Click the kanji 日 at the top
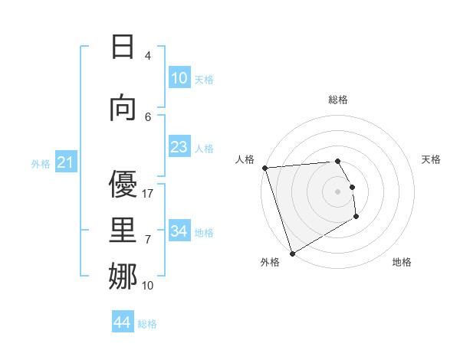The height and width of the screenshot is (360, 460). (122, 47)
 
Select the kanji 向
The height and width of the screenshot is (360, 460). (122, 108)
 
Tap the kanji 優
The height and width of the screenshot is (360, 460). (122, 185)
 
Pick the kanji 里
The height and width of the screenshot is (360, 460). (122, 231)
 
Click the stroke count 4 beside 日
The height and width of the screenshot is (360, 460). (148, 55)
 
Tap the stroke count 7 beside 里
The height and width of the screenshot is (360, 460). (148, 240)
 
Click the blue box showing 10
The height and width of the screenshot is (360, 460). (179, 78)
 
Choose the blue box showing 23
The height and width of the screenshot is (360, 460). (179, 147)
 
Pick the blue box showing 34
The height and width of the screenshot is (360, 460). (179, 231)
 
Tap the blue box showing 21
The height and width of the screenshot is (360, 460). (66, 162)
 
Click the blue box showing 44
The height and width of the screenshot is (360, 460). (123, 323)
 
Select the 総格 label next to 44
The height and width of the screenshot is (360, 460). (147, 324)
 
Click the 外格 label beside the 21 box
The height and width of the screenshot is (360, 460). (41, 163)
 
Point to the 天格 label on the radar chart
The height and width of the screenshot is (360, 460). (432, 159)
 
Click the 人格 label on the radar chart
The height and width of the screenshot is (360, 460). (245, 159)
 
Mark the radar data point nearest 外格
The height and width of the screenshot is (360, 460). (292, 253)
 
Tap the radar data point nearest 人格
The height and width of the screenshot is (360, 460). (264, 168)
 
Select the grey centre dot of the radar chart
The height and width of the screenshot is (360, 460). (337, 191)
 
